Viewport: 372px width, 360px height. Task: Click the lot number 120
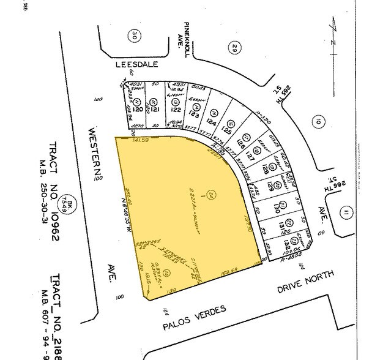click(x=139, y=110)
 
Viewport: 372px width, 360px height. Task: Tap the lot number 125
click(x=226, y=130)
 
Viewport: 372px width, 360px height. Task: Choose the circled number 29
click(x=234, y=47)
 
